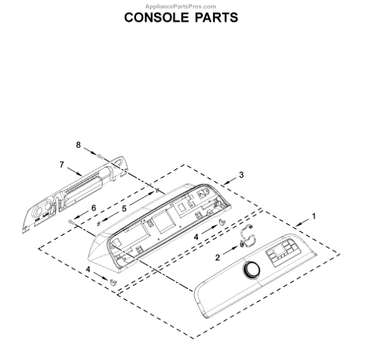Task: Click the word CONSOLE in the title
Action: tap(155, 17)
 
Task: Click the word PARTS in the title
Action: tap(215, 17)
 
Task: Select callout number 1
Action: tap(315, 215)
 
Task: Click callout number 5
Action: tap(124, 207)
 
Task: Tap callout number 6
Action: tap(94, 208)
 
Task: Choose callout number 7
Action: tap(62, 164)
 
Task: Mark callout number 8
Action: tap(78, 145)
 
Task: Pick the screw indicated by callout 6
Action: tap(72, 221)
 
